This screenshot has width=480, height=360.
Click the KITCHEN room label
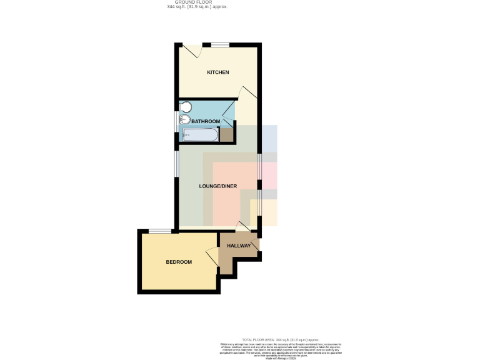(218, 72)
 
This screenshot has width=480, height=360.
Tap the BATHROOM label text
(205, 121)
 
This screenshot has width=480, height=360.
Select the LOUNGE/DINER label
(217, 186)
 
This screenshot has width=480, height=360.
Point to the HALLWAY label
(239, 246)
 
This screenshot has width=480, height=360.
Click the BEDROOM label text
(178, 262)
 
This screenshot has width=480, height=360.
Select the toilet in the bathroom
(185, 106)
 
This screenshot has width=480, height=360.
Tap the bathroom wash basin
(184, 119)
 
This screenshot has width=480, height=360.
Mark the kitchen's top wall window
(219, 44)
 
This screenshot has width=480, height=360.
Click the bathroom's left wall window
(176, 121)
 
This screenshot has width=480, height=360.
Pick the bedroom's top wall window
(159, 231)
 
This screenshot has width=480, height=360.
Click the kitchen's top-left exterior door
(191, 49)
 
